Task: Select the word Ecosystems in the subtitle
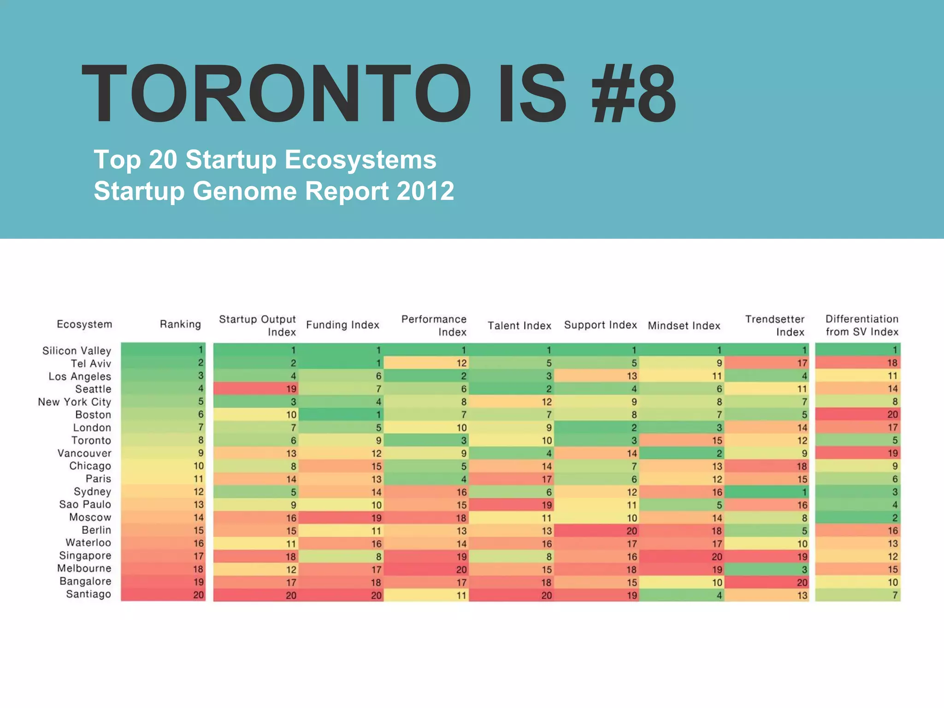coord(360,159)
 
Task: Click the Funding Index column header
coord(342,325)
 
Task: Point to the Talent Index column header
coord(519,325)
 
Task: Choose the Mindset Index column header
coord(684,325)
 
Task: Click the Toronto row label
coord(91,440)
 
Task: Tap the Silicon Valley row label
coord(77,350)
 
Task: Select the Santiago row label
coord(88,594)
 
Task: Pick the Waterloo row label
coord(88,543)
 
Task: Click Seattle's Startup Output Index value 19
coord(291,389)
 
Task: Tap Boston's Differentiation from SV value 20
coord(892,414)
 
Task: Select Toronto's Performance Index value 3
coord(463,440)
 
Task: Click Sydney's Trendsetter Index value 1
coord(804,492)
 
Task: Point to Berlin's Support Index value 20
coord(631,531)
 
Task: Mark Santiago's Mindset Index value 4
coord(719,595)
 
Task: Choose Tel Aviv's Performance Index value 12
coord(461,363)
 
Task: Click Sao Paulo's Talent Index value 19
coord(547,505)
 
